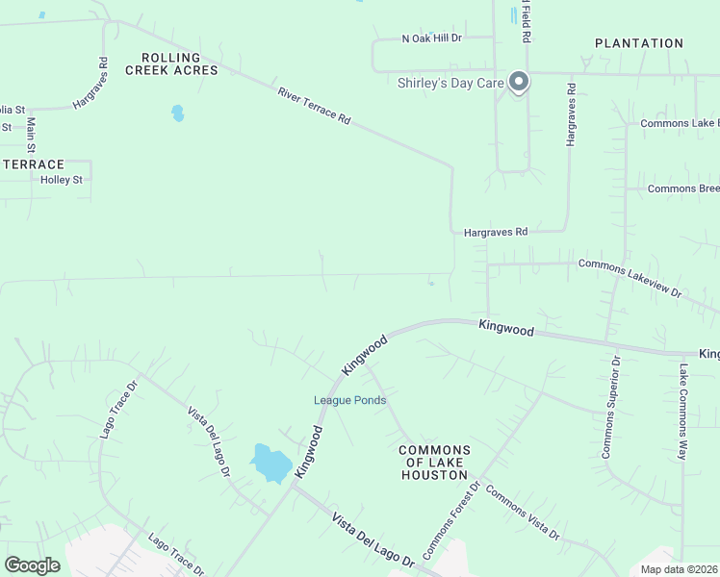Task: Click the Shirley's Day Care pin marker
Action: [519, 82]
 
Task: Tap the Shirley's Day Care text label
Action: [450, 83]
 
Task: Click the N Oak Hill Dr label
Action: [432, 38]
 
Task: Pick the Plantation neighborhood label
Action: [638, 43]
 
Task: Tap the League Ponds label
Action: [349, 400]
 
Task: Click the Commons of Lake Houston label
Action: [434, 463]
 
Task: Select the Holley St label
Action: [62, 180]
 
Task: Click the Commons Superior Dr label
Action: [611, 406]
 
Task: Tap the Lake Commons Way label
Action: [682, 411]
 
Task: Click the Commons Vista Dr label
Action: [522, 514]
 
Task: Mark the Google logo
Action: [33, 565]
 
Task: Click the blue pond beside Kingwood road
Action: [271, 464]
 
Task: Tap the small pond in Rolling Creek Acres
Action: [177, 113]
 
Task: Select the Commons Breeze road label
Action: [682, 188]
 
